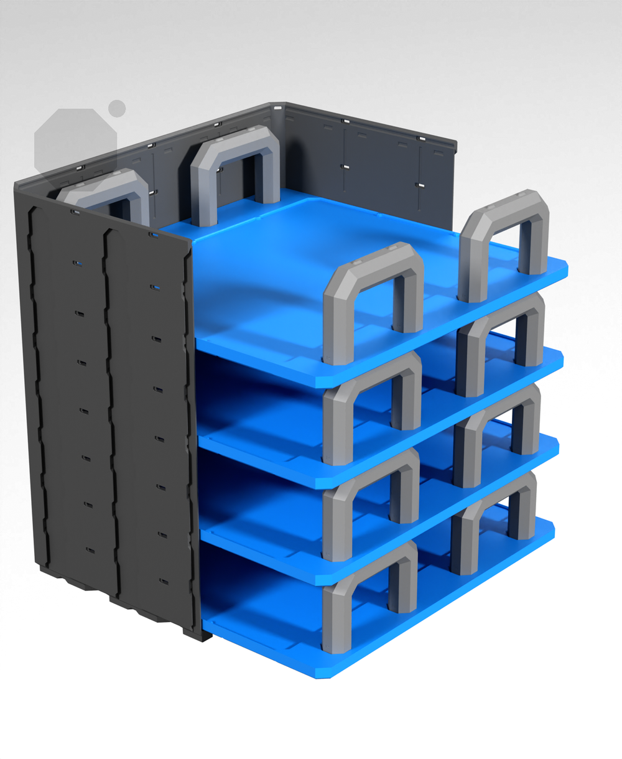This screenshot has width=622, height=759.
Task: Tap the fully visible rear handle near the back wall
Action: [x=233, y=152]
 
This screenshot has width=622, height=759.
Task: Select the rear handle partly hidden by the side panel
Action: [x=106, y=187]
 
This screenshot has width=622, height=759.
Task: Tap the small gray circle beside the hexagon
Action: [x=117, y=108]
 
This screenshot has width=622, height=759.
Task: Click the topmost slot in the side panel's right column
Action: [x=155, y=287]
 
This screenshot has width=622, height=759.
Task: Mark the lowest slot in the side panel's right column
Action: [x=164, y=582]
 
